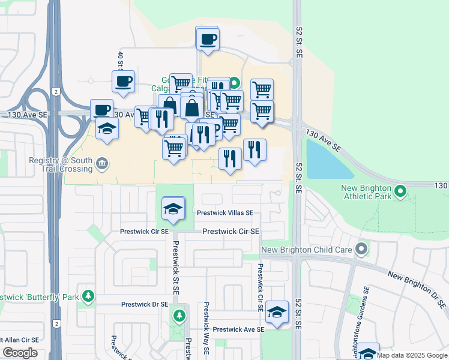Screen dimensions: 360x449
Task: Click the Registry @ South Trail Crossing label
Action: point(61,164)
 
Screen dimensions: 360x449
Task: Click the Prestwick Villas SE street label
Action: point(226,213)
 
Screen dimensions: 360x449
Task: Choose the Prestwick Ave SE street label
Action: point(238,330)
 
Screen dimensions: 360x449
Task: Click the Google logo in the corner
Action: point(20,353)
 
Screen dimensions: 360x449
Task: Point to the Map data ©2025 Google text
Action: point(412,355)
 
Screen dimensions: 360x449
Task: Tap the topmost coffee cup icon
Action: point(208,40)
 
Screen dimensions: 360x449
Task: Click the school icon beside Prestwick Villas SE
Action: point(173,209)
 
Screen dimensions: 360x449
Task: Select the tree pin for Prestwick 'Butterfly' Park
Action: point(88,296)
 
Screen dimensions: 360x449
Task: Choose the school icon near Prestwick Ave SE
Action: point(277,312)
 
